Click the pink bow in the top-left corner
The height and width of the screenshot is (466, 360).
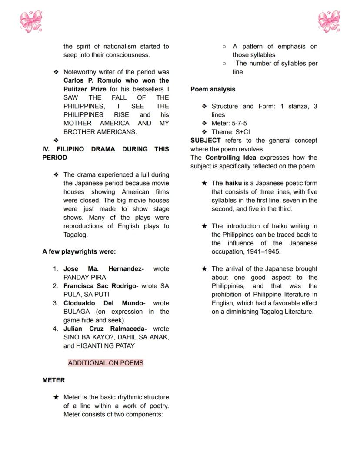[x=31, y=22]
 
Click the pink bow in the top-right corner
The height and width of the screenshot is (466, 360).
[x=329, y=22]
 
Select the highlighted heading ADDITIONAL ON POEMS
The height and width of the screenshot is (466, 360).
[x=106, y=363]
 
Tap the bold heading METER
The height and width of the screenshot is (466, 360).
[x=53, y=380]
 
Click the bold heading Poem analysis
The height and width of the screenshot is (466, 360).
[x=213, y=89]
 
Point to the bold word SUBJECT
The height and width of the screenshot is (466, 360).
[x=205, y=141]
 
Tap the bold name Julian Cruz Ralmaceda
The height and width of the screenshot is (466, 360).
[x=105, y=329]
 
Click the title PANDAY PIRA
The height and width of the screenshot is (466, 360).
[x=84, y=277]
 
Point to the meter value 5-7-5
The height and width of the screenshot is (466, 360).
[x=239, y=123]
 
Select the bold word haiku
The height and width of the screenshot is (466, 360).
[x=233, y=183]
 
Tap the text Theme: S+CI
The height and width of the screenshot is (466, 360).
[x=230, y=132]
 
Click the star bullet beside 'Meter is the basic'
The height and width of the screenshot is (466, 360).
[x=56, y=397]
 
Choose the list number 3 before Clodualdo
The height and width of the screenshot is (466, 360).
[x=55, y=303]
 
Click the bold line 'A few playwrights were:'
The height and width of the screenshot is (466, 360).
[x=79, y=251]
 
